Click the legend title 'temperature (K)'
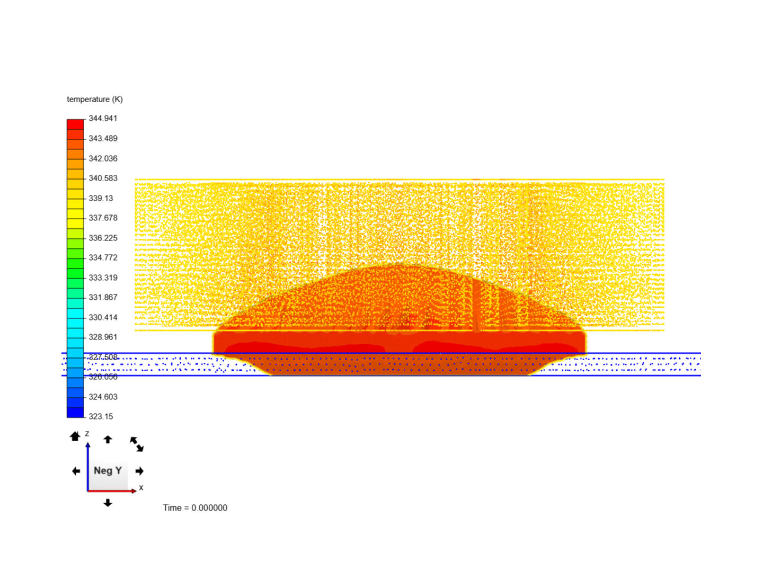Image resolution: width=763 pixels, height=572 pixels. [x=94, y=100]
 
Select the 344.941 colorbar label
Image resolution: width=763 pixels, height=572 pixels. [x=103, y=119]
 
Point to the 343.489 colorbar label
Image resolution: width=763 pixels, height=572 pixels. [x=103, y=139]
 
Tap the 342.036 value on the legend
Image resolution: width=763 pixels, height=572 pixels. [x=103, y=159]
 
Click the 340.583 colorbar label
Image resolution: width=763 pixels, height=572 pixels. [x=103, y=178]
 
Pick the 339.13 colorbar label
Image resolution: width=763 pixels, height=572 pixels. [x=101, y=199]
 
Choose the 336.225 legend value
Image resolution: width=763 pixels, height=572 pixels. [x=103, y=238]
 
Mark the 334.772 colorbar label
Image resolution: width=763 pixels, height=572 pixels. [x=103, y=258]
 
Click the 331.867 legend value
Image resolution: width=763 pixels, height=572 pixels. [x=103, y=298]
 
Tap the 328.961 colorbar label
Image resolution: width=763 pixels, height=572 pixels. [x=103, y=337]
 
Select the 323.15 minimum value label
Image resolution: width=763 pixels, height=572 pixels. [x=101, y=417]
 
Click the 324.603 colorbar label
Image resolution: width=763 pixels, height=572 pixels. [x=103, y=397]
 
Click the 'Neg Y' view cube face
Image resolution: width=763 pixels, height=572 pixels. [x=108, y=470]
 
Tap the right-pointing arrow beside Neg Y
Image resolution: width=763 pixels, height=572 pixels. [x=139, y=471]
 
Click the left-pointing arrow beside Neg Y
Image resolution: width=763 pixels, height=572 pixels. [x=76, y=471]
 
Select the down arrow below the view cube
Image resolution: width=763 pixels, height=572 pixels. [x=108, y=503]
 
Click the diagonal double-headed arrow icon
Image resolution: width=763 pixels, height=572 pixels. [x=137, y=444]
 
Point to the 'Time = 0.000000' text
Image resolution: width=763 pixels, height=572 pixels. [x=195, y=508]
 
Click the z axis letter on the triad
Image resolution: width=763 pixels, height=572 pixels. [x=87, y=434]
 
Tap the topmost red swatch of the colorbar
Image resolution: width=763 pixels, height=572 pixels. [x=75, y=124]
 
